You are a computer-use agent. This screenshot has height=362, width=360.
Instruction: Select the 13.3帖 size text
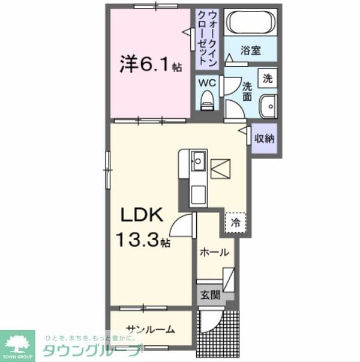(x=144, y=240)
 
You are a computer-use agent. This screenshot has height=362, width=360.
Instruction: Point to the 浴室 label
(x=251, y=51)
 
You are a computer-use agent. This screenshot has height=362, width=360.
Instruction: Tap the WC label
(x=208, y=83)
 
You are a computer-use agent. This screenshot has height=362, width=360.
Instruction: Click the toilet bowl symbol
(x=208, y=100)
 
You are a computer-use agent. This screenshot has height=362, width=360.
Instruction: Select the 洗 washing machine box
(x=268, y=78)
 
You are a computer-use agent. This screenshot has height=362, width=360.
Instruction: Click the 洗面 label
(x=247, y=91)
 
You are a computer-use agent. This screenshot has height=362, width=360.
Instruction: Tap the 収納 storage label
(x=263, y=139)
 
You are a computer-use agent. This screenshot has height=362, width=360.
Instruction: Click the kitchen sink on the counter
(x=199, y=161)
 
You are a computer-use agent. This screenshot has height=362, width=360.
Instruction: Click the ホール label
(x=214, y=253)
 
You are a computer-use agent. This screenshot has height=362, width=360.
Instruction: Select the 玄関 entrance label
(x=210, y=295)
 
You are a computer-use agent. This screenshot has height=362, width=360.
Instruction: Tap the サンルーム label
(x=151, y=329)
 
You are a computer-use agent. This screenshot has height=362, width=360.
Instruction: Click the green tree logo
(x=17, y=343)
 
